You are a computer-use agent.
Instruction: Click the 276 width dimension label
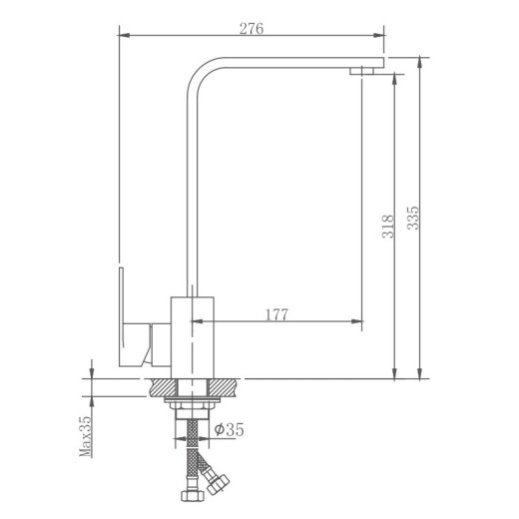click(x=252, y=29)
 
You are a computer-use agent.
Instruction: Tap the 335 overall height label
click(x=413, y=218)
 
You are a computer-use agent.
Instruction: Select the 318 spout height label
click(x=388, y=227)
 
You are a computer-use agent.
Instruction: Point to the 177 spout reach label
click(x=276, y=314)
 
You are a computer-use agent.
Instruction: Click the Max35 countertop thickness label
click(x=85, y=436)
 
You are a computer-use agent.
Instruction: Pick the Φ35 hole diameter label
click(x=230, y=429)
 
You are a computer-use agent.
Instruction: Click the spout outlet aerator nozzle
click(x=361, y=71)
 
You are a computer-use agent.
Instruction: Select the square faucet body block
click(x=193, y=337)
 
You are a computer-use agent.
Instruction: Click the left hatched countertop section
click(x=163, y=387)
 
